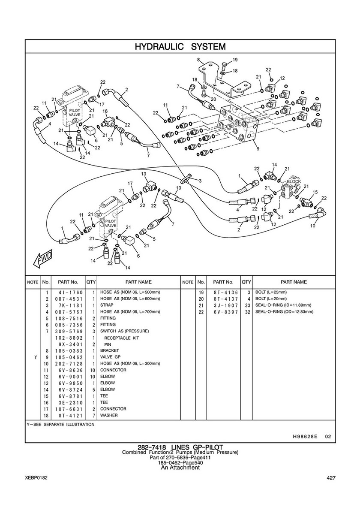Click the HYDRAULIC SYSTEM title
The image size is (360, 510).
click(x=180, y=46)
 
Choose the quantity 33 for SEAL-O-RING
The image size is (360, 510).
click(x=246, y=305)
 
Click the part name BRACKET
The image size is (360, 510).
click(x=109, y=350)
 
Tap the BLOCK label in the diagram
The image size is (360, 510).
click(x=294, y=181)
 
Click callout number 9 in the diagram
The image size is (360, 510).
click(x=258, y=149)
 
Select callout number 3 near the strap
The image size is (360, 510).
click(x=199, y=181)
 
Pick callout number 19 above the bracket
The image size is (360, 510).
click(x=235, y=60)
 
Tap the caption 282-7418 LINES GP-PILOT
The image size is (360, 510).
click(x=180, y=448)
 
